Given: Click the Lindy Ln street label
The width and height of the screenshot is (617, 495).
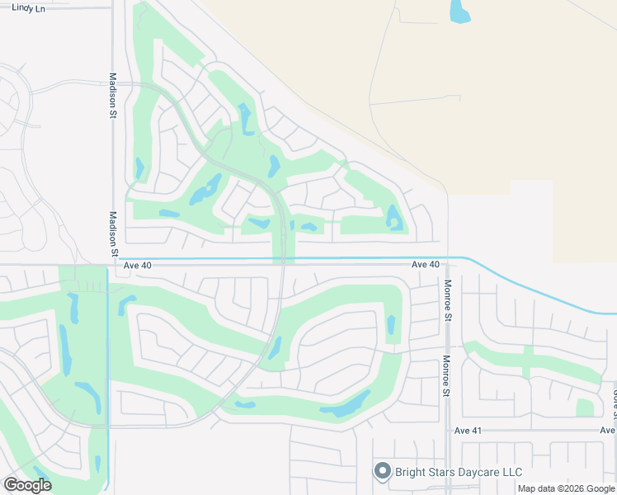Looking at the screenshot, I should [x=26, y=7].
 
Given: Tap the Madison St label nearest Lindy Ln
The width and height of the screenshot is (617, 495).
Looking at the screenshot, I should [x=113, y=96].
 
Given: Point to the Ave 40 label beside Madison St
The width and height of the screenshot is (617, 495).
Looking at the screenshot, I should [x=138, y=265].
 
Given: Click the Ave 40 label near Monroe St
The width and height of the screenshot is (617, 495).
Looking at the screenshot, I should [x=426, y=264].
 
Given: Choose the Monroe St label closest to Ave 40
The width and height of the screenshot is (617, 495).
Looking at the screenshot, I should [x=448, y=300].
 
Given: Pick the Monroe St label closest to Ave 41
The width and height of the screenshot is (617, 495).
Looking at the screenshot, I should [x=446, y=376].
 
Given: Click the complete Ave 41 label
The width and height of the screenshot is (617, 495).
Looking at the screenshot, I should [x=468, y=431].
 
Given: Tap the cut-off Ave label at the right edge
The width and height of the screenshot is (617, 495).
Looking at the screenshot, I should [x=607, y=431].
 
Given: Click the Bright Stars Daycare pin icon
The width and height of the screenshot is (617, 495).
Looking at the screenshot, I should [x=382, y=471].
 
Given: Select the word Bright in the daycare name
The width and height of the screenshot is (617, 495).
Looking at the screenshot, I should [x=412, y=473].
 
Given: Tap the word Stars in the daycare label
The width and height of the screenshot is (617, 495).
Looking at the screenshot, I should [x=446, y=473].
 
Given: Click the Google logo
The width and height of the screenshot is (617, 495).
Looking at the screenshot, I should [x=27, y=485].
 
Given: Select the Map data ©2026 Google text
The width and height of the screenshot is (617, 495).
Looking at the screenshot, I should [x=567, y=489].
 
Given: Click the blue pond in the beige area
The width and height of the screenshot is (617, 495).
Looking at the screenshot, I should [x=459, y=12].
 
